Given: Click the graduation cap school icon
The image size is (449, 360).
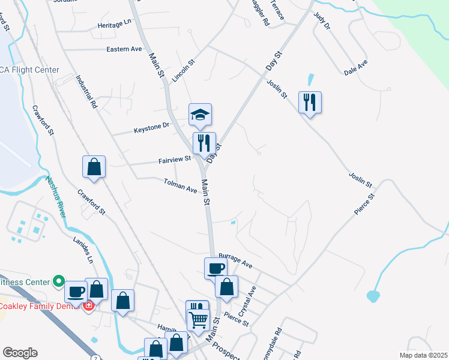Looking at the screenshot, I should [x=201, y=114].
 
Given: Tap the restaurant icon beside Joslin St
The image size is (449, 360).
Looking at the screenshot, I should [x=310, y=102].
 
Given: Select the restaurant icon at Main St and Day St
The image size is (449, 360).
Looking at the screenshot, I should [x=204, y=143].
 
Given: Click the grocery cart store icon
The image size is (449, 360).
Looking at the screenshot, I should [x=199, y=318].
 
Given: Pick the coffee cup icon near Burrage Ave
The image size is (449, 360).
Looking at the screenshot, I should [x=215, y=268].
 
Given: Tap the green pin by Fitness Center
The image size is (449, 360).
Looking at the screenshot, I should [x=58, y=280].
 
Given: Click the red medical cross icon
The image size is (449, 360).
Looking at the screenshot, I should [x=89, y=305].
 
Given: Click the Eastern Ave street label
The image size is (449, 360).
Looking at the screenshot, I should [x=124, y=49].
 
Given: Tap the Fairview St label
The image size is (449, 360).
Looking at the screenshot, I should [x=175, y=160].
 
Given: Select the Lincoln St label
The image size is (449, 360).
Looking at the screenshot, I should [x=184, y=70].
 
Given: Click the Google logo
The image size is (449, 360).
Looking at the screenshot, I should [x=20, y=353].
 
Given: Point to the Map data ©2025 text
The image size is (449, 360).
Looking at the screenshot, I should [x=423, y=355].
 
